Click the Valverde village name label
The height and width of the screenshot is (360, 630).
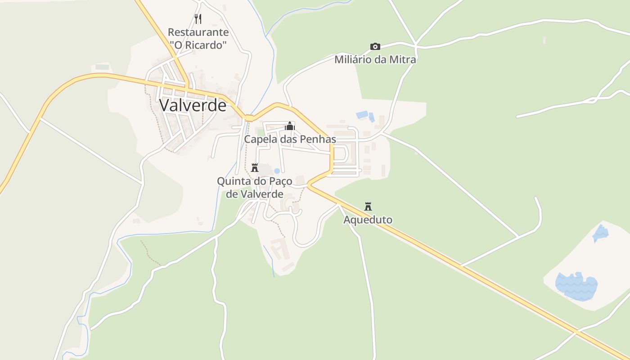click(x=193, y=105)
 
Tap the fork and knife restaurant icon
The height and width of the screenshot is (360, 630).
click(x=198, y=18)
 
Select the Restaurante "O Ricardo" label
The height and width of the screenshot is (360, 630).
click(x=198, y=39)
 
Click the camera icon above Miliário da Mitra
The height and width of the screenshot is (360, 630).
click(x=375, y=46)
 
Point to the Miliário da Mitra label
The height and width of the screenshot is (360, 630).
click(x=375, y=59)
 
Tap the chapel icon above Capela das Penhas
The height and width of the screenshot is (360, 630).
click(x=289, y=126)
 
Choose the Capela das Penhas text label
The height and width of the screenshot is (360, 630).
click(x=290, y=139)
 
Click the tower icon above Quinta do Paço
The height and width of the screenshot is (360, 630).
click(x=255, y=168)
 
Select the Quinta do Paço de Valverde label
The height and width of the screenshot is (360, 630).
click(x=255, y=188)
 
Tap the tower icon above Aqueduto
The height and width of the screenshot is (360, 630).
click(x=368, y=207)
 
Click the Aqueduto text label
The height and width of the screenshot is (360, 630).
click(x=368, y=220)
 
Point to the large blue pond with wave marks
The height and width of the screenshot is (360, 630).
click(x=576, y=286)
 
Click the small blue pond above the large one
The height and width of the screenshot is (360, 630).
click(x=601, y=233)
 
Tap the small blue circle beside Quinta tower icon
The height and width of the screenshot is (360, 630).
click(x=277, y=171)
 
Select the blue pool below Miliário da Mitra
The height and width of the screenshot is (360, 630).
click(x=362, y=115)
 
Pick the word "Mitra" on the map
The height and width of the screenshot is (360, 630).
click(x=402, y=59)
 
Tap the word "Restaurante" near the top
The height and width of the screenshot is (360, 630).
click(x=198, y=32)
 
